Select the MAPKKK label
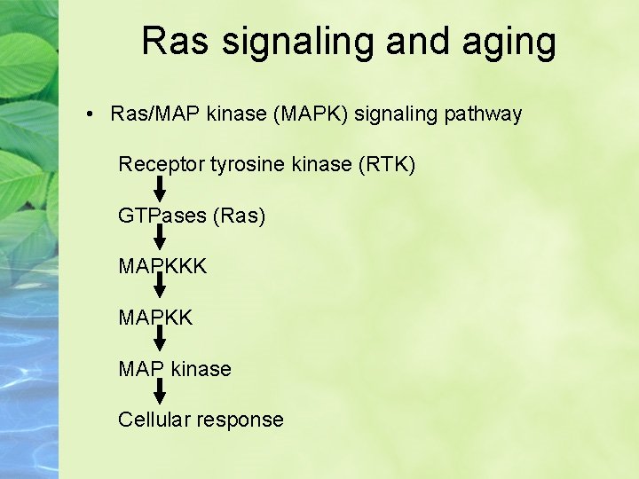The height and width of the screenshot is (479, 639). [162, 266]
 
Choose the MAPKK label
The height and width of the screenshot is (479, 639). [155, 318]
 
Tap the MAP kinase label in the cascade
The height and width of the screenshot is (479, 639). [175, 368]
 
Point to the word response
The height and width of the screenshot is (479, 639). [240, 420]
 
